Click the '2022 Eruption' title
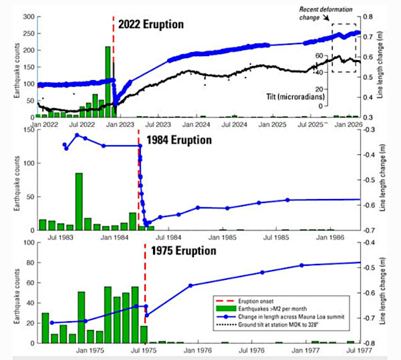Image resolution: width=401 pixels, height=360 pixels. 151,24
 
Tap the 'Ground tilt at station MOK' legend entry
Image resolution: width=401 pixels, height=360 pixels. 287,325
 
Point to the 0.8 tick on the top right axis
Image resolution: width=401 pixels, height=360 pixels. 370,15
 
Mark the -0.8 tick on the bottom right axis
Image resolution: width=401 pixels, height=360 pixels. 372,343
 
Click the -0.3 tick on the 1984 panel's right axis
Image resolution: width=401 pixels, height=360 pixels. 371,130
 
